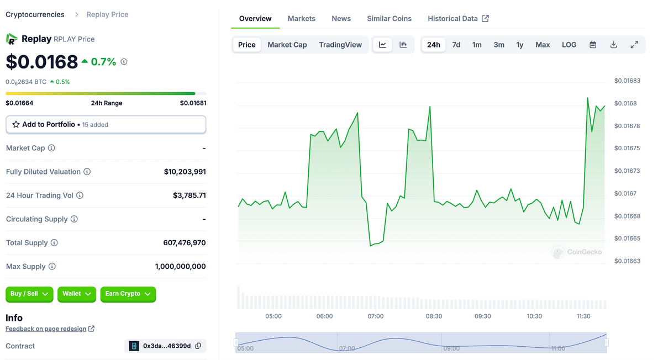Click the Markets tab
point(301,18)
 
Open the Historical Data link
point(457,18)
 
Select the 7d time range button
point(456,45)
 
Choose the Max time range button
point(542,45)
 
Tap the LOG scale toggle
point(569,45)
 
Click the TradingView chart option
point(340,45)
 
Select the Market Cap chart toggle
point(287,45)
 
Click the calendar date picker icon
point(592,45)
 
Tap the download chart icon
point(613,45)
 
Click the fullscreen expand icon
point(634,45)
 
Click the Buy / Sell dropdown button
point(29,294)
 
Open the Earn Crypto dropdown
point(128,294)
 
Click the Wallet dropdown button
point(77,294)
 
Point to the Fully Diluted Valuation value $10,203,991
point(185,172)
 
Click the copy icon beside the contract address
point(198,346)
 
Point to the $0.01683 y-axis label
point(627,81)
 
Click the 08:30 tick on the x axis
point(434,316)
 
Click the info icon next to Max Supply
point(52,266)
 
